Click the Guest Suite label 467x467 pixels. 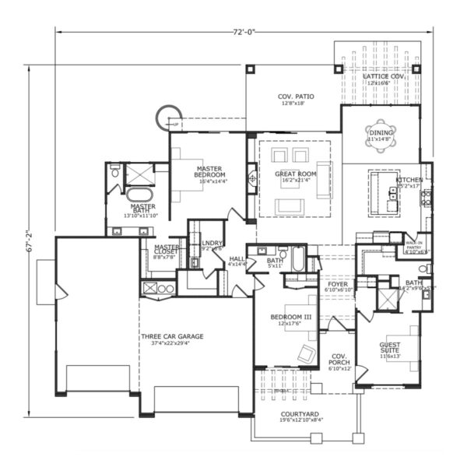(x=391, y=348)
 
